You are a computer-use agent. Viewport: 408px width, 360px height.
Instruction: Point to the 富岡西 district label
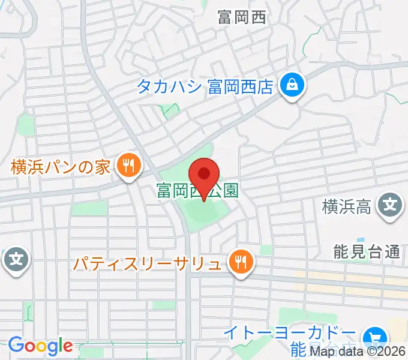[241, 17]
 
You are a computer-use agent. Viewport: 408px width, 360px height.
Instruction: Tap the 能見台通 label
[367, 252]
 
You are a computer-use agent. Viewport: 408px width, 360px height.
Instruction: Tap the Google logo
[40, 346]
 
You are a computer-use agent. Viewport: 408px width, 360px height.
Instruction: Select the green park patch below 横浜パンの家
[88, 209]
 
